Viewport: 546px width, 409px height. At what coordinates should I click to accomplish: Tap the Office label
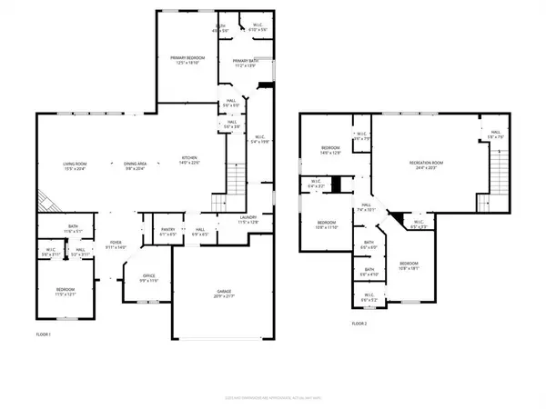tap(148, 279)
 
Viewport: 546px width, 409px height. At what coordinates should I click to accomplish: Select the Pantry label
tap(167, 232)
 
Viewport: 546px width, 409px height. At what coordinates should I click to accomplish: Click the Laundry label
tap(248, 220)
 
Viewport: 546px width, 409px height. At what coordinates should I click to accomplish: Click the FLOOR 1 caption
tap(43, 335)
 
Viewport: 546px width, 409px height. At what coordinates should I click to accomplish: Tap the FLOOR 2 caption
tap(359, 324)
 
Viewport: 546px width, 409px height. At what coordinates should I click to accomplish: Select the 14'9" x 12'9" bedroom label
tap(329, 150)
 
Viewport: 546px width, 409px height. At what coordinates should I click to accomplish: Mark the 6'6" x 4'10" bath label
tap(369, 271)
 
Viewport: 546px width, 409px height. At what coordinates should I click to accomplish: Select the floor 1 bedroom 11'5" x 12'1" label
tap(65, 294)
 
